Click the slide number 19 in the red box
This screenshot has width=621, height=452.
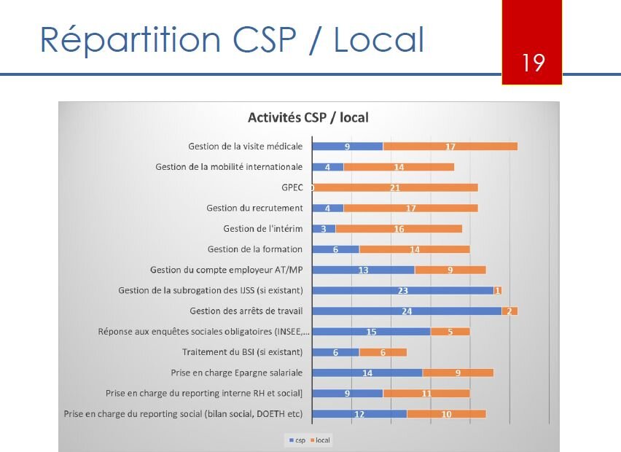click(x=534, y=63)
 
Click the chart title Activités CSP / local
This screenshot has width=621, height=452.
click(x=308, y=117)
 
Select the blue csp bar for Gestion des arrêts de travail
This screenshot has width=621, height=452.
click(x=407, y=311)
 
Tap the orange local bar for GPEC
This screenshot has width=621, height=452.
click(x=395, y=187)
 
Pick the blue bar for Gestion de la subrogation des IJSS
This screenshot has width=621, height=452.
click(x=402, y=291)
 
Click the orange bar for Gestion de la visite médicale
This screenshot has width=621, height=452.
click(x=450, y=147)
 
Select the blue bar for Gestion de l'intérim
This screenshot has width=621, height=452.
click(x=324, y=229)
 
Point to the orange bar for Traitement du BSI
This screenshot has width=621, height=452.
click(x=383, y=353)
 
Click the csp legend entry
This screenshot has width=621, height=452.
click(x=297, y=440)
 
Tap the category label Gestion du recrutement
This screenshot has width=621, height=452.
click(x=254, y=209)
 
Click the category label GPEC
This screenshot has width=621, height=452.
click(x=292, y=187)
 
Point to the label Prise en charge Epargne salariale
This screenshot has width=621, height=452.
click(x=237, y=373)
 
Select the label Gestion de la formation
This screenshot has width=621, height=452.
click(x=255, y=249)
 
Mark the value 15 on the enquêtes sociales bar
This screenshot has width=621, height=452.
click(x=371, y=332)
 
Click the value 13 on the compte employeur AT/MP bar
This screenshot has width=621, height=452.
click(x=363, y=270)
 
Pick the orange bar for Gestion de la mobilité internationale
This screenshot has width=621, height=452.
click(x=399, y=167)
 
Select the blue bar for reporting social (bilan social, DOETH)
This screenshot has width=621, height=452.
click(x=359, y=415)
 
